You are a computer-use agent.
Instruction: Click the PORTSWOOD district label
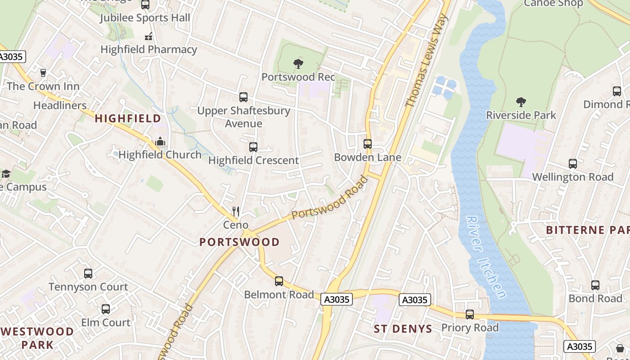click(239, 242)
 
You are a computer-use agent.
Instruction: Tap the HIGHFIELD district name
click(128, 119)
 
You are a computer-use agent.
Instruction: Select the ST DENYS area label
click(403, 329)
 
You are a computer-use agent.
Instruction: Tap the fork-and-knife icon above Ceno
click(235, 211)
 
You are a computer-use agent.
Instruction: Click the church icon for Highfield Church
click(160, 142)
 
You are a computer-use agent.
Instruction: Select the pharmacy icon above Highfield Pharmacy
click(148, 37)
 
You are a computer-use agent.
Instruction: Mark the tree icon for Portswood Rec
click(298, 64)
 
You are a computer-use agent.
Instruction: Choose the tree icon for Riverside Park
click(521, 102)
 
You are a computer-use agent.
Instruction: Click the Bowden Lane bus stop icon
click(368, 144)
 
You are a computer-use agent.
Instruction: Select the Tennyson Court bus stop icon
click(88, 274)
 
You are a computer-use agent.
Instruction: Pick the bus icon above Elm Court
click(106, 309)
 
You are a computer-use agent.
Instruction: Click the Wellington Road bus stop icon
click(572, 164)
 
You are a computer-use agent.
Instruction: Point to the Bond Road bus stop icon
click(595, 285)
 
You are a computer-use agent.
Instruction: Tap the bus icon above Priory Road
click(470, 315)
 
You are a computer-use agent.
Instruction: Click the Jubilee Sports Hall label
click(145, 18)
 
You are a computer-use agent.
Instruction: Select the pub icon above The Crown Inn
click(43, 73)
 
